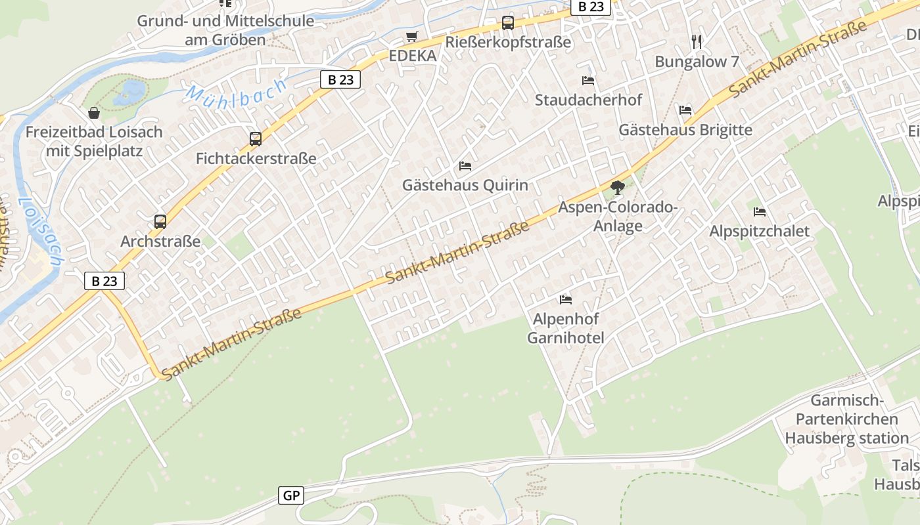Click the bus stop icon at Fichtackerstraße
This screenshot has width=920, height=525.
256,139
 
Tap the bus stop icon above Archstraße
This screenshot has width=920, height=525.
160,222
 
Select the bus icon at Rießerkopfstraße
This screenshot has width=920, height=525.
508,23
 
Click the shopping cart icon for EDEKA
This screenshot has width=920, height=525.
412,37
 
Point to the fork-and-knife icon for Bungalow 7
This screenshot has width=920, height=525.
697,42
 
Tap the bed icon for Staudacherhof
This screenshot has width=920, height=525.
588,81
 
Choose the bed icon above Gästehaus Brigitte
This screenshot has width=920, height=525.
685,110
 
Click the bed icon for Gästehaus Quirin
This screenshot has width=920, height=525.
465,166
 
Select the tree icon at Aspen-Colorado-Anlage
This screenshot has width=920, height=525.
617,188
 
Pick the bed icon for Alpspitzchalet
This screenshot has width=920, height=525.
760,212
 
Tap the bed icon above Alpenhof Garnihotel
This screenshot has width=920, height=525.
566,300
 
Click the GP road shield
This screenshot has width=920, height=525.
291,495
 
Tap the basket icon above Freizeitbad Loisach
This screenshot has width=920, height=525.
94,113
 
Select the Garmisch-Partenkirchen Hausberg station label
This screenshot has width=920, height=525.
846,419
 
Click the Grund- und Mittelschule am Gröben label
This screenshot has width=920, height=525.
225,30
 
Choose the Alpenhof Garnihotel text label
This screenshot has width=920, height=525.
566,329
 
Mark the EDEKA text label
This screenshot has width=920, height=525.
413,56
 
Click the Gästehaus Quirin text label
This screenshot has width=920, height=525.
465,185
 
